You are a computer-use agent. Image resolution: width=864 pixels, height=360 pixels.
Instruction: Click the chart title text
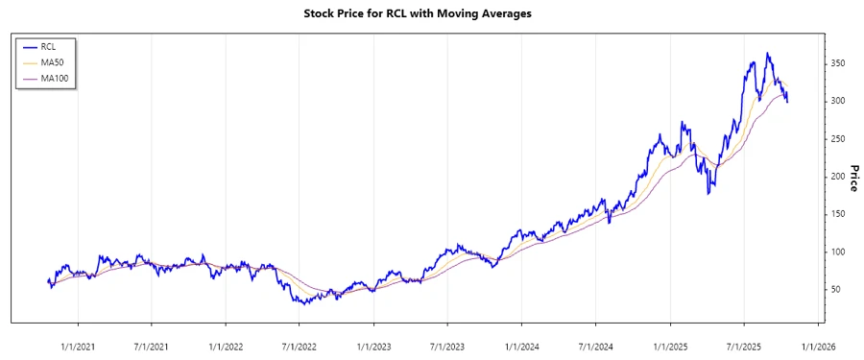click(x=431, y=13)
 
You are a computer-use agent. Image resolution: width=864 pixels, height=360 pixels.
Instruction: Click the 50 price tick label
click(x=838, y=290)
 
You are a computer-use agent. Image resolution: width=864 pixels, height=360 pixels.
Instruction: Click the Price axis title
click(x=853, y=177)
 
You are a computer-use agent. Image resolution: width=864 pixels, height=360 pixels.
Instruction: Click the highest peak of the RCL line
click(x=767, y=53)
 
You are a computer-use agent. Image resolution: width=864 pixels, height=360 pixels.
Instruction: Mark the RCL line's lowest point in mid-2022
click(x=304, y=303)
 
